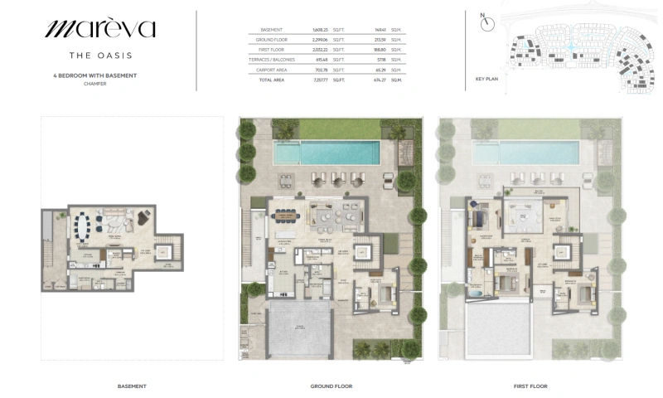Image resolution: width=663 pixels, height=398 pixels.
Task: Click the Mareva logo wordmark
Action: tap(99, 29)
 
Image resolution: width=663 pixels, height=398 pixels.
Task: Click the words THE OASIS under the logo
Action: tap(100, 56)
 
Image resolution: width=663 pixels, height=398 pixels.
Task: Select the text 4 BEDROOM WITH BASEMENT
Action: tap(100, 75)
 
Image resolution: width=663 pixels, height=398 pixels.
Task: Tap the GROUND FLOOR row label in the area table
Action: tap(271, 39)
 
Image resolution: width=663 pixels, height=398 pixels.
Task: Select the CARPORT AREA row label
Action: tap(271, 70)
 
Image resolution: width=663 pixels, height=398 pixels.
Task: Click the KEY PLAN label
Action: tap(486, 80)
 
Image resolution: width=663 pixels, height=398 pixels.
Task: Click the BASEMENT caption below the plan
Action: tap(132, 386)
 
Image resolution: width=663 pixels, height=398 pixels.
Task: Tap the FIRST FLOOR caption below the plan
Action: tap(530, 386)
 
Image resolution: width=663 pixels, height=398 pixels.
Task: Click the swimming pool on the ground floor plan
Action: tap(327, 153)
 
